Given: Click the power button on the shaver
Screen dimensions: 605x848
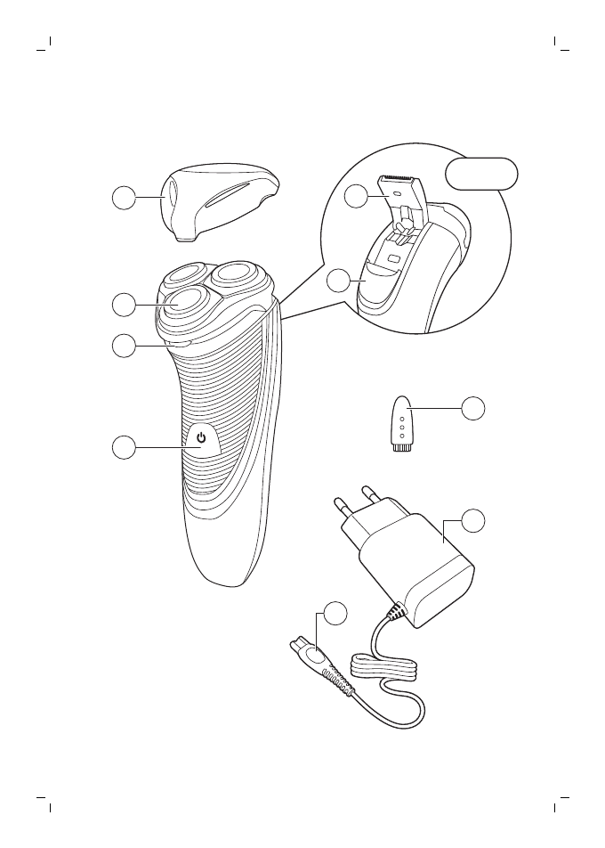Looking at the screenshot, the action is point(202,438).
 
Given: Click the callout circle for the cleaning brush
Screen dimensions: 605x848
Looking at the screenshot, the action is point(474,408).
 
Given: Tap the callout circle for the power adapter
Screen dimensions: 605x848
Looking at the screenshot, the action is point(474,521).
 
